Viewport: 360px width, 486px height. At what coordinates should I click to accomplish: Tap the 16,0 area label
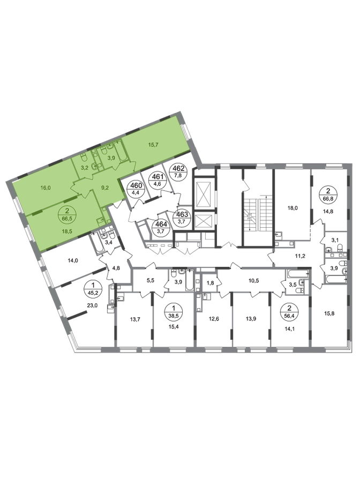click(45, 188)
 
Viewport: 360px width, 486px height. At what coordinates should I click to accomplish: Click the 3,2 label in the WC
click(84, 168)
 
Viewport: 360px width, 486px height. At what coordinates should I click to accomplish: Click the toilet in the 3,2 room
click(85, 158)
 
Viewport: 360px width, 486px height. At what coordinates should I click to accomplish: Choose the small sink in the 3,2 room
click(94, 167)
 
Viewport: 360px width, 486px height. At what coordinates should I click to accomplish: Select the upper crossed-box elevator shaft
click(203, 190)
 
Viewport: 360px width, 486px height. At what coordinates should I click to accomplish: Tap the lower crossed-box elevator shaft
click(203, 220)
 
